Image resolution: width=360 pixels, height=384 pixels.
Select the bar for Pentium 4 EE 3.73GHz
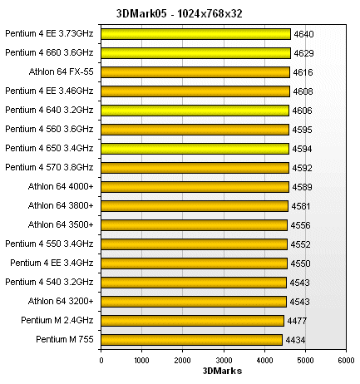pyautogui.click(x=195, y=34)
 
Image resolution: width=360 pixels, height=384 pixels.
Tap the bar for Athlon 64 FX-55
pyautogui.click(x=195, y=72)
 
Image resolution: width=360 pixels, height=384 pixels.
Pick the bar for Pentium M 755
pyautogui.click(x=191, y=339)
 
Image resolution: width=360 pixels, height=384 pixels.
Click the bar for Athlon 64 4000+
pyautogui.click(x=195, y=186)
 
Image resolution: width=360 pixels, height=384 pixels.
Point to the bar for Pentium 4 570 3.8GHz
pyautogui.click(x=195, y=167)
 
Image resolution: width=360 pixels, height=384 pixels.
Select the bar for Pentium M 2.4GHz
pyautogui.click(x=192, y=320)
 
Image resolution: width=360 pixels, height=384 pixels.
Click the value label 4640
pyautogui.click(x=303, y=35)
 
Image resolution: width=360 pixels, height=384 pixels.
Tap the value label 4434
pyautogui.click(x=295, y=340)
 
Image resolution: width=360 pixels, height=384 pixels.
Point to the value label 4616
pyautogui.click(x=303, y=73)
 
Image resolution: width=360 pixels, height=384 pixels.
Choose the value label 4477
pyautogui.click(x=297, y=321)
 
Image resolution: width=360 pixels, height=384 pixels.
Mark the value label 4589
pyautogui.click(x=302, y=187)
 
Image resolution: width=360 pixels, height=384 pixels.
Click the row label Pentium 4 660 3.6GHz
pyautogui.click(x=49, y=53)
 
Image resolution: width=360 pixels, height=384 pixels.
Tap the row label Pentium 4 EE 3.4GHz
pyautogui.click(x=52, y=263)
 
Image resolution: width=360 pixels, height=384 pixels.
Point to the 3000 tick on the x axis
pyautogui.click(x=224, y=359)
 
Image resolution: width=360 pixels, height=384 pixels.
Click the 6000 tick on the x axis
pyautogui.click(x=346, y=359)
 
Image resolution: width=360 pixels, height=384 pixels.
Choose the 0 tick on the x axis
pyautogui.click(x=101, y=359)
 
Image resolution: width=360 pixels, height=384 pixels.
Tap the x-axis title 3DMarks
pyautogui.click(x=223, y=372)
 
